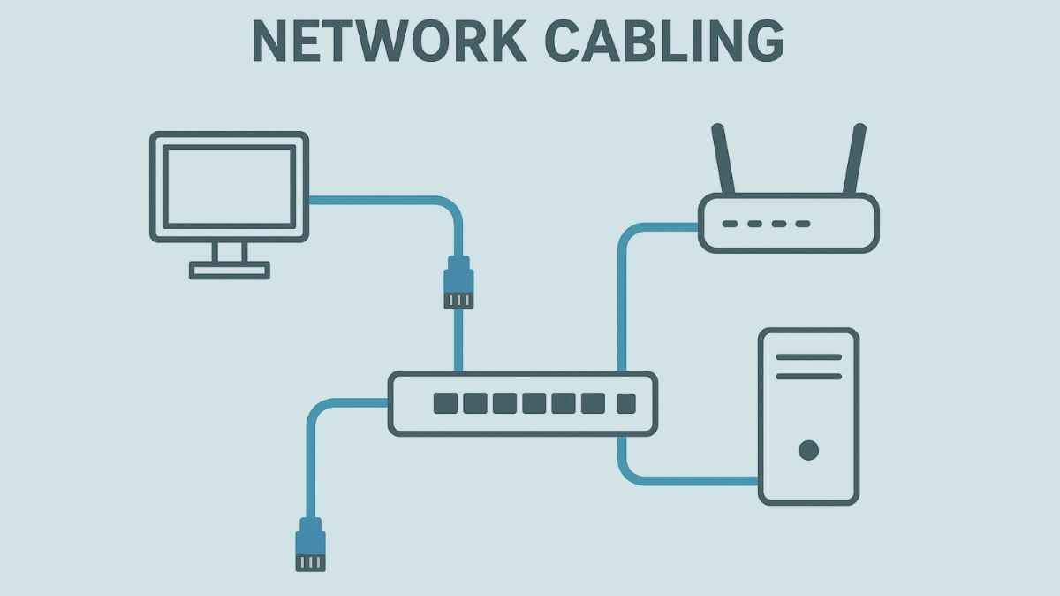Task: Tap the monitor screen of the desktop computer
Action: click(x=229, y=187)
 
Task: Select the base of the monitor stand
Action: click(x=229, y=270)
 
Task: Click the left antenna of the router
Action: click(x=723, y=159)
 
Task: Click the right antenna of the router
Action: click(x=854, y=159)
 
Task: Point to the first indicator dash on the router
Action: click(x=731, y=224)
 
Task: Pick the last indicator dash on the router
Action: click(x=802, y=224)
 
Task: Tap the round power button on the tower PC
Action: click(x=808, y=451)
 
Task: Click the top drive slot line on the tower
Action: click(x=808, y=357)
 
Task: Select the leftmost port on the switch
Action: click(x=446, y=404)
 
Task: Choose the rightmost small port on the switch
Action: click(x=625, y=404)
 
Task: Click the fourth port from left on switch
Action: click(x=534, y=404)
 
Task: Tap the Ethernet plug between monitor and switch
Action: click(x=458, y=283)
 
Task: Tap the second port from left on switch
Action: click(x=475, y=404)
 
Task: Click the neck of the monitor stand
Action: click(x=229, y=251)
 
